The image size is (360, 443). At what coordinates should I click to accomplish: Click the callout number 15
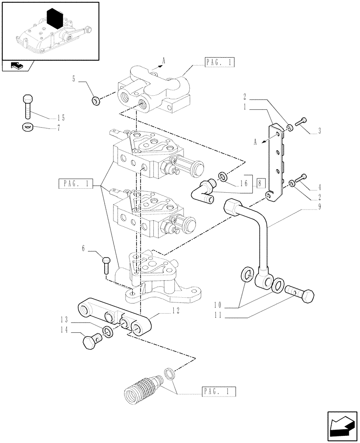pos(61,118)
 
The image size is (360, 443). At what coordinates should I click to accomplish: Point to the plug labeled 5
pos(95,101)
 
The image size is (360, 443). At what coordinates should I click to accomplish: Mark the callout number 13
pos(65,319)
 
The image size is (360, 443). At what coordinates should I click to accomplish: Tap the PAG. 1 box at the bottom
pos(219,391)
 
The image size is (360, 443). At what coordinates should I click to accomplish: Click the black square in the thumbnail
pos(55,20)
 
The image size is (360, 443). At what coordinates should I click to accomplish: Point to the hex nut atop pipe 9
pos(233,207)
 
